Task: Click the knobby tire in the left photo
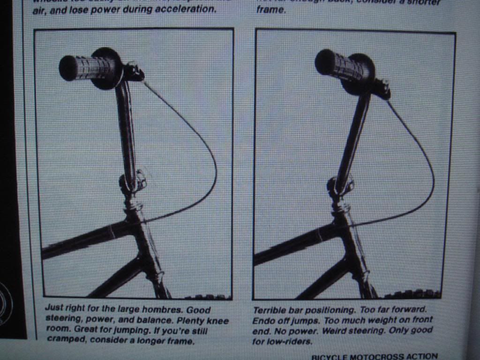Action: (206, 297)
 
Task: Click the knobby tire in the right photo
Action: (412, 294)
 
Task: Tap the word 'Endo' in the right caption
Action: (264, 321)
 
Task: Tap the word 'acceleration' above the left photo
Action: (190, 10)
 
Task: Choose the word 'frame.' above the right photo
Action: (270, 10)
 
